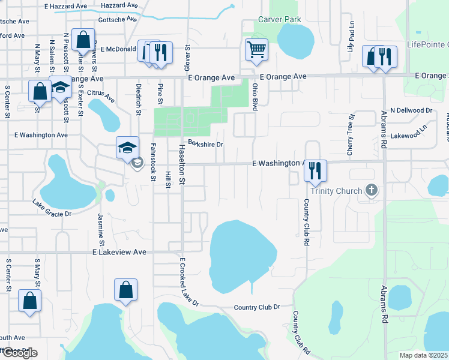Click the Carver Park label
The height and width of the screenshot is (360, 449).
pyautogui.click(x=279, y=19)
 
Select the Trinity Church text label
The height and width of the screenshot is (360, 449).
pyautogui.click(x=336, y=191)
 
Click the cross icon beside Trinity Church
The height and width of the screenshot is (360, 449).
pyautogui.click(x=372, y=191)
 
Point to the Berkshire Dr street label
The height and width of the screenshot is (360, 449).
pyautogui.click(x=205, y=144)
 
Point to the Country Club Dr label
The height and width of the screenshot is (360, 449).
pyautogui.click(x=257, y=307)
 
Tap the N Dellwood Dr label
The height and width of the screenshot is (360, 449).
pyautogui.click(x=411, y=110)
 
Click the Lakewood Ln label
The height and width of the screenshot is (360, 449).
pyautogui.click(x=411, y=137)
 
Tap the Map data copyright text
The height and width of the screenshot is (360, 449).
pyautogui.click(x=423, y=355)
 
